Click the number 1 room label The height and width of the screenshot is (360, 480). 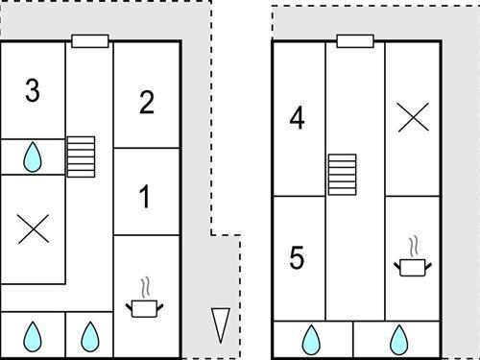click(x=145, y=197)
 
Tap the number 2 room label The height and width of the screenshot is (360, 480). click(x=147, y=103)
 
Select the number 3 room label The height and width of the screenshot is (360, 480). click(x=33, y=90)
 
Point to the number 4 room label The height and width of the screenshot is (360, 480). click(x=297, y=118)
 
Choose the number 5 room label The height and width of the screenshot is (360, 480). click(x=297, y=257)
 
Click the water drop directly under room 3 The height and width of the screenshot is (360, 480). click(x=33, y=157)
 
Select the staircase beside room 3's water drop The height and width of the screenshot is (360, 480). click(x=81, y=156)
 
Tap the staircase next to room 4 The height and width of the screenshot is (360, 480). click(x=343, y=175)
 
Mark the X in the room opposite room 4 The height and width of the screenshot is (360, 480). click(x=413, y=117)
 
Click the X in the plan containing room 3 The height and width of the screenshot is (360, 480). click(x=34, y=228)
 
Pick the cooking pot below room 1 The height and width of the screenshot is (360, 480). click(x=144, y=308)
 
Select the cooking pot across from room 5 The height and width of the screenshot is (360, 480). click(x=413, y=268)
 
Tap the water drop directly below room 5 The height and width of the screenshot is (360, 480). click(x=311, y=340)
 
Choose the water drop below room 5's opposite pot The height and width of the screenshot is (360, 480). click(x=399, y=340)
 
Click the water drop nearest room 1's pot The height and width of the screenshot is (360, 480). click(x=90, y=337)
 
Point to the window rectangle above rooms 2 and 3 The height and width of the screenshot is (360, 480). click(x=90, y=41)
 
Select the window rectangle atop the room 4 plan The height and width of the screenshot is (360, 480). click(x=355, y=41)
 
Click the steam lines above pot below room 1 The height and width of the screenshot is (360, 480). click(x=145, y=287)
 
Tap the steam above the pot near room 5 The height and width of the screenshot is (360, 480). click(x=414, y=246)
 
